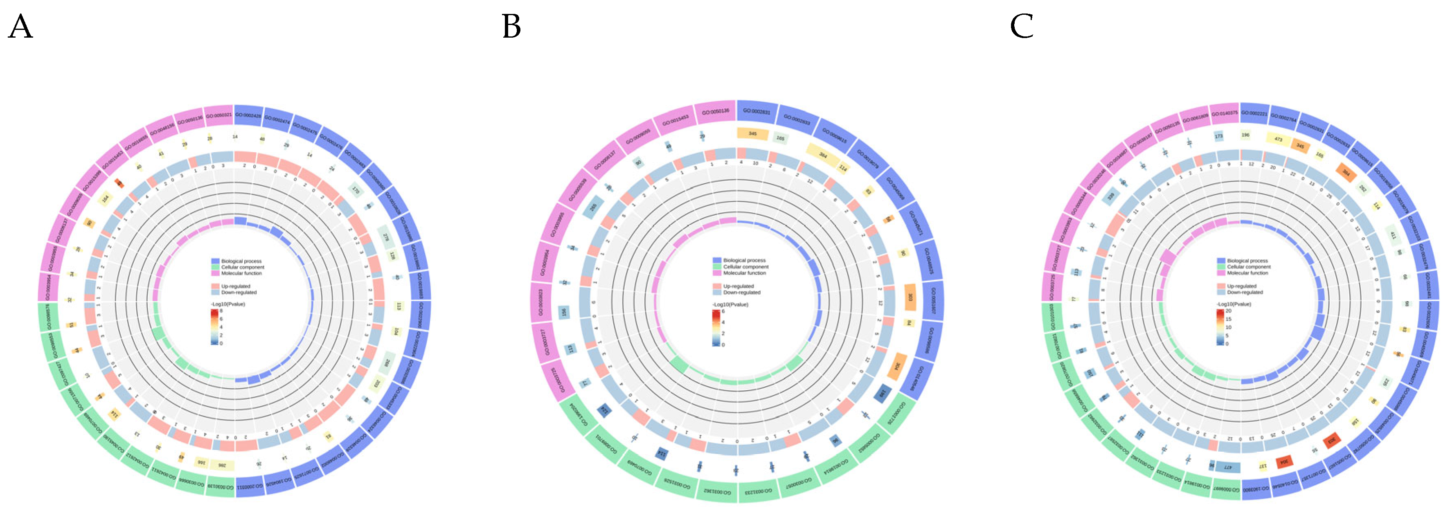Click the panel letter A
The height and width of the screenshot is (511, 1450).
point(20,27)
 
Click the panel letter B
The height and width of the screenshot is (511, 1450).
point(511,27)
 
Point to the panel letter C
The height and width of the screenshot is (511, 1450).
point(1022,27)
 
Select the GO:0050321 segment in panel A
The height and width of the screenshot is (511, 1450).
point(218,116)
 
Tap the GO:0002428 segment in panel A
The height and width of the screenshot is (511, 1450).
point(248,116)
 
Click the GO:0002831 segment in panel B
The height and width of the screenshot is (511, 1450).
point(757,111)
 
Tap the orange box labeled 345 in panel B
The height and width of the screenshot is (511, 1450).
point(752,134)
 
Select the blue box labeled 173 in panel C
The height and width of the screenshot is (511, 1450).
point(1219,136)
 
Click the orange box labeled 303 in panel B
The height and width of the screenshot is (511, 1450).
point(910,297)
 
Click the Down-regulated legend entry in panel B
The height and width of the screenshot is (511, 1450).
point(741,293)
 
